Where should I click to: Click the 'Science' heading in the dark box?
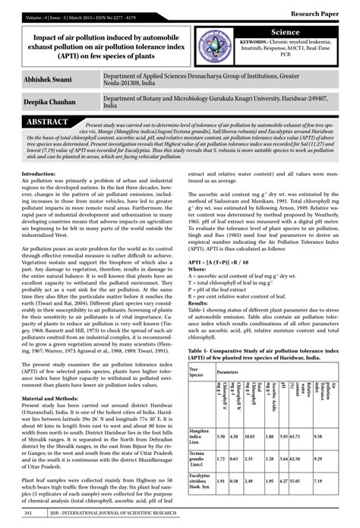(287, 30)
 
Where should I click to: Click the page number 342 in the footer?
(28, 514)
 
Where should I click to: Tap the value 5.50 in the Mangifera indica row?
(221, 437)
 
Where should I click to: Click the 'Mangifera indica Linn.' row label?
(200, 437)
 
